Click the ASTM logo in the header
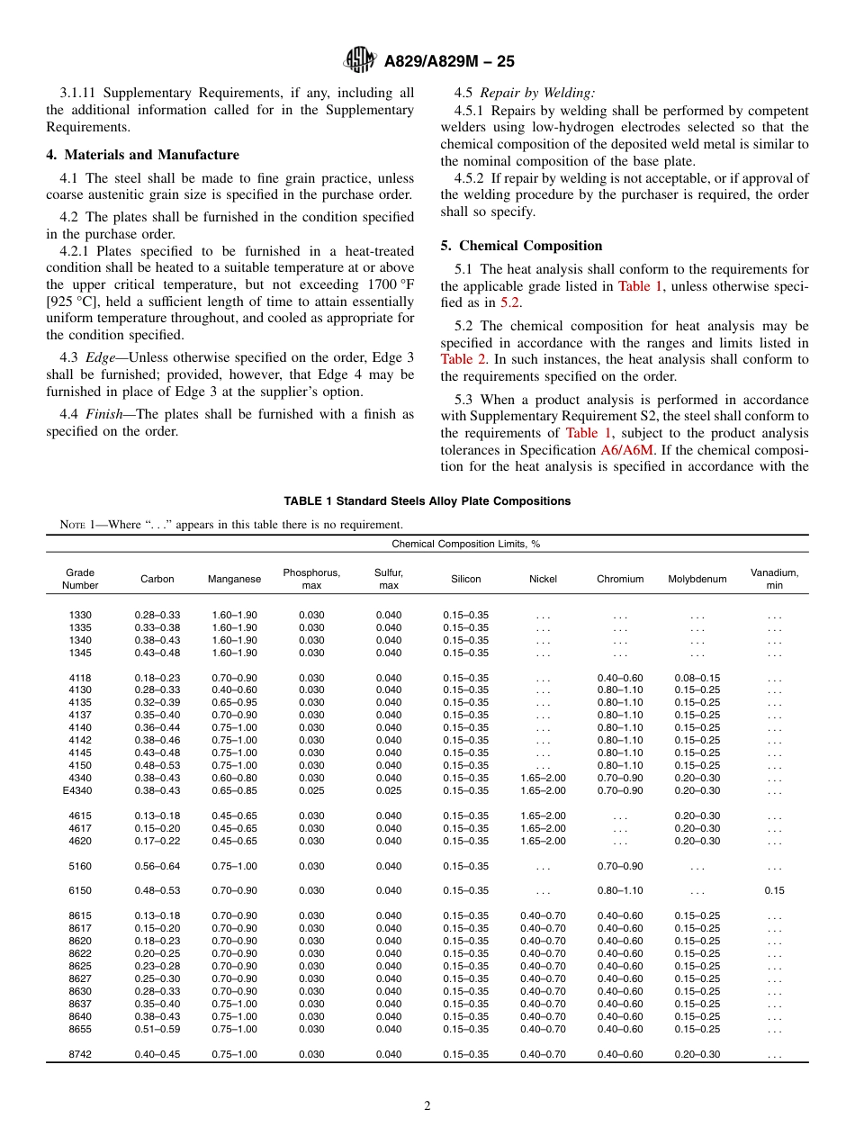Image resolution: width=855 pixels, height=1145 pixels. [361, 60]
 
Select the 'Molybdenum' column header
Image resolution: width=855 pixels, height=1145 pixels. [697, 580]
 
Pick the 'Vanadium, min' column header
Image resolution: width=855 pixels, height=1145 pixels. [774, 579]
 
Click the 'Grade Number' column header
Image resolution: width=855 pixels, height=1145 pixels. [79, 579]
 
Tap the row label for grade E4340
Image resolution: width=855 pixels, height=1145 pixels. [79, 790]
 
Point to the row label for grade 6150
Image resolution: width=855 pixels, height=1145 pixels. [79, 890]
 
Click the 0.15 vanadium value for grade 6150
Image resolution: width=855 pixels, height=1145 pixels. [774, 890]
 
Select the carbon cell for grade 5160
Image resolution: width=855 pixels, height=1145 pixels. [157, 866]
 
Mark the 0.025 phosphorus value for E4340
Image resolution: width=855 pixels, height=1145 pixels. [311, 790]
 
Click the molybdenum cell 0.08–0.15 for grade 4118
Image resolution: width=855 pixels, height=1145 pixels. [697, 678]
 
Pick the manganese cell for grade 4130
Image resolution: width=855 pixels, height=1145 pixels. [234, 690]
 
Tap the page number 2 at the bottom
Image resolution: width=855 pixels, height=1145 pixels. [427, 1106]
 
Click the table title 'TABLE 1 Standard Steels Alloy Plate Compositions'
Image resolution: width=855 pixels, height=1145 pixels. [427, 501]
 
